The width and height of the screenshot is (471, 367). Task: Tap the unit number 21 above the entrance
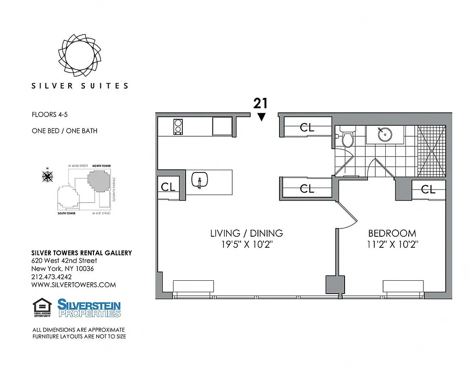tap(261, 103)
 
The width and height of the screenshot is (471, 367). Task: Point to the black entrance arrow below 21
tap(261, 117)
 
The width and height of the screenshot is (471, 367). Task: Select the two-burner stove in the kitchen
tap(178, 126)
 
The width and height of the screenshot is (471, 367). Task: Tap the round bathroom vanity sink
tap(384, 134)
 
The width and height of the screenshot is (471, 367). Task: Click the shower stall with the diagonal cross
tap(431, 150)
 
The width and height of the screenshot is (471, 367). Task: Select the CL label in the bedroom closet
tap(428, 189)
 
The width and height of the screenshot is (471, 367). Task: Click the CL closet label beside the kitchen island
tap(168, 188)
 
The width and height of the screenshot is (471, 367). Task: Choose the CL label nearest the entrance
tap(307, 128)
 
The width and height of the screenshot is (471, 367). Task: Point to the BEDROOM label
tap(392, 233)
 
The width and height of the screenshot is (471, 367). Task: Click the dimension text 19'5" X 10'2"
tap(246, 245)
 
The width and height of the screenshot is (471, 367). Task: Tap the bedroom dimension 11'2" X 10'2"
tap(392, 245)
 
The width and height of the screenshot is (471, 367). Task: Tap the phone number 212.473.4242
tap(51, 277)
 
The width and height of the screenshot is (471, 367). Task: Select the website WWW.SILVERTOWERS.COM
tap(73, 284)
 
